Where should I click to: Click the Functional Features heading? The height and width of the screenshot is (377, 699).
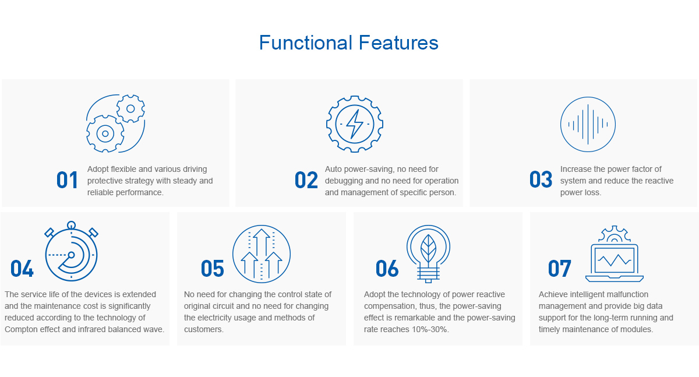coord(348,43)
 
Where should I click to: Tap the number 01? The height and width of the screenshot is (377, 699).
coord(67,180)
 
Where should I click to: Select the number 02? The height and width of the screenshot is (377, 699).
coord(306,180)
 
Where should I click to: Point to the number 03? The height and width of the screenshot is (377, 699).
coord(541,179)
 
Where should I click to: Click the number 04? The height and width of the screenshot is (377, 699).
coord(22,269)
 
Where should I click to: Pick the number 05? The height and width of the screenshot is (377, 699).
coord(212,269)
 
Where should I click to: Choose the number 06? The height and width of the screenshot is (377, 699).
coord(387,269)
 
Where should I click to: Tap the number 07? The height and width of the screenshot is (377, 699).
coord(560,269)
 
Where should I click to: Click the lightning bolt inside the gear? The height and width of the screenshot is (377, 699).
coord(355,124)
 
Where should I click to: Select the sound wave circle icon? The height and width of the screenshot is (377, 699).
coord(588,97)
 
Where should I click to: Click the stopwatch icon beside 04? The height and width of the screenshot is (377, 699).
coord(71,280)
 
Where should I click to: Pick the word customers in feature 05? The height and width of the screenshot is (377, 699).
coord(203,329)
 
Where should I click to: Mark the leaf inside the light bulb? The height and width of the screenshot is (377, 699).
coord(429,249)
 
